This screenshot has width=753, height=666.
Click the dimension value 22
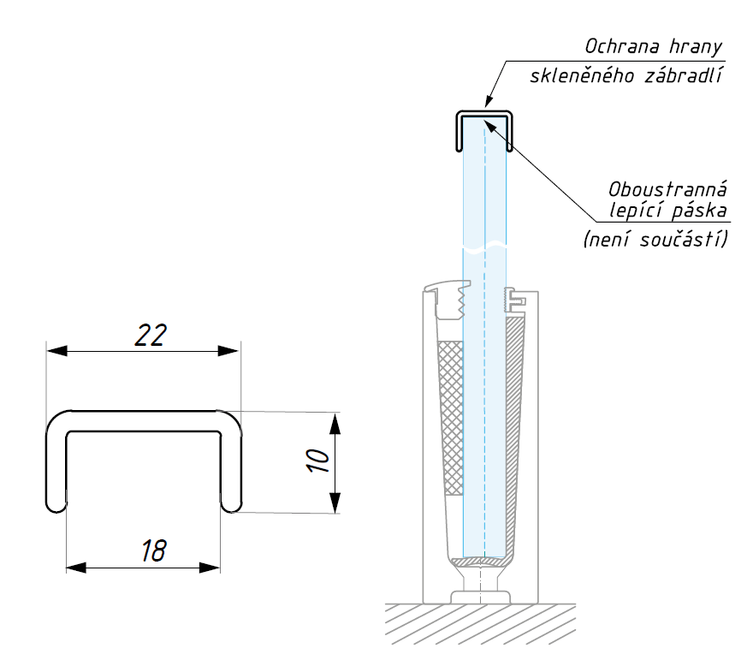tap(151, 335)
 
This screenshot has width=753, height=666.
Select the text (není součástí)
tap(655, 241)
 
